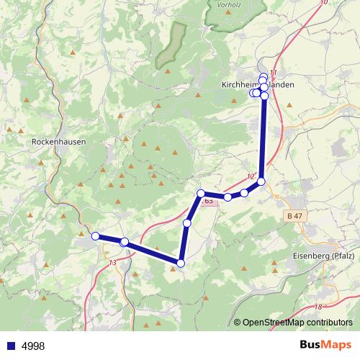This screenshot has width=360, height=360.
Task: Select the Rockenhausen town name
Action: (59, 142)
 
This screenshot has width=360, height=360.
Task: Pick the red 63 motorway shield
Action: (207, 201)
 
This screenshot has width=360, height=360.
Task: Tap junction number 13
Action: (112, 262)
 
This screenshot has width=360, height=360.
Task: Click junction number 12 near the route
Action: (251, 177)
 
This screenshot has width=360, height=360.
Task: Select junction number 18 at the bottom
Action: (318, 307)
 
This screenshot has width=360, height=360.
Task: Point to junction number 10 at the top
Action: (321, 3)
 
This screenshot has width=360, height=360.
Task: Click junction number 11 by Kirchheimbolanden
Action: (272, 73)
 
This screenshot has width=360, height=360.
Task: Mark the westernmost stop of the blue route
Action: (95, 235)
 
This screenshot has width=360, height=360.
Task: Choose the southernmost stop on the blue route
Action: (181, 264)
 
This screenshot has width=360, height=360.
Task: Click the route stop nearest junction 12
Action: (261, 182)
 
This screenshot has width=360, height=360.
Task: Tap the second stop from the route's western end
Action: (125, 242)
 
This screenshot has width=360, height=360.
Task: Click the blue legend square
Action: (9, 346)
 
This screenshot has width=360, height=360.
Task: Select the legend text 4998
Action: (33, 346)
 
